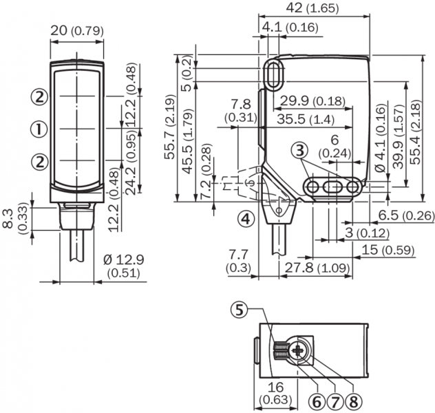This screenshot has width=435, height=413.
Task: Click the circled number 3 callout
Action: (298, 150)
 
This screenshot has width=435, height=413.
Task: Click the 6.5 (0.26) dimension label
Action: (406, 216)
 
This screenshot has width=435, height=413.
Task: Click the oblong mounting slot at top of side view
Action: (274, 74)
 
